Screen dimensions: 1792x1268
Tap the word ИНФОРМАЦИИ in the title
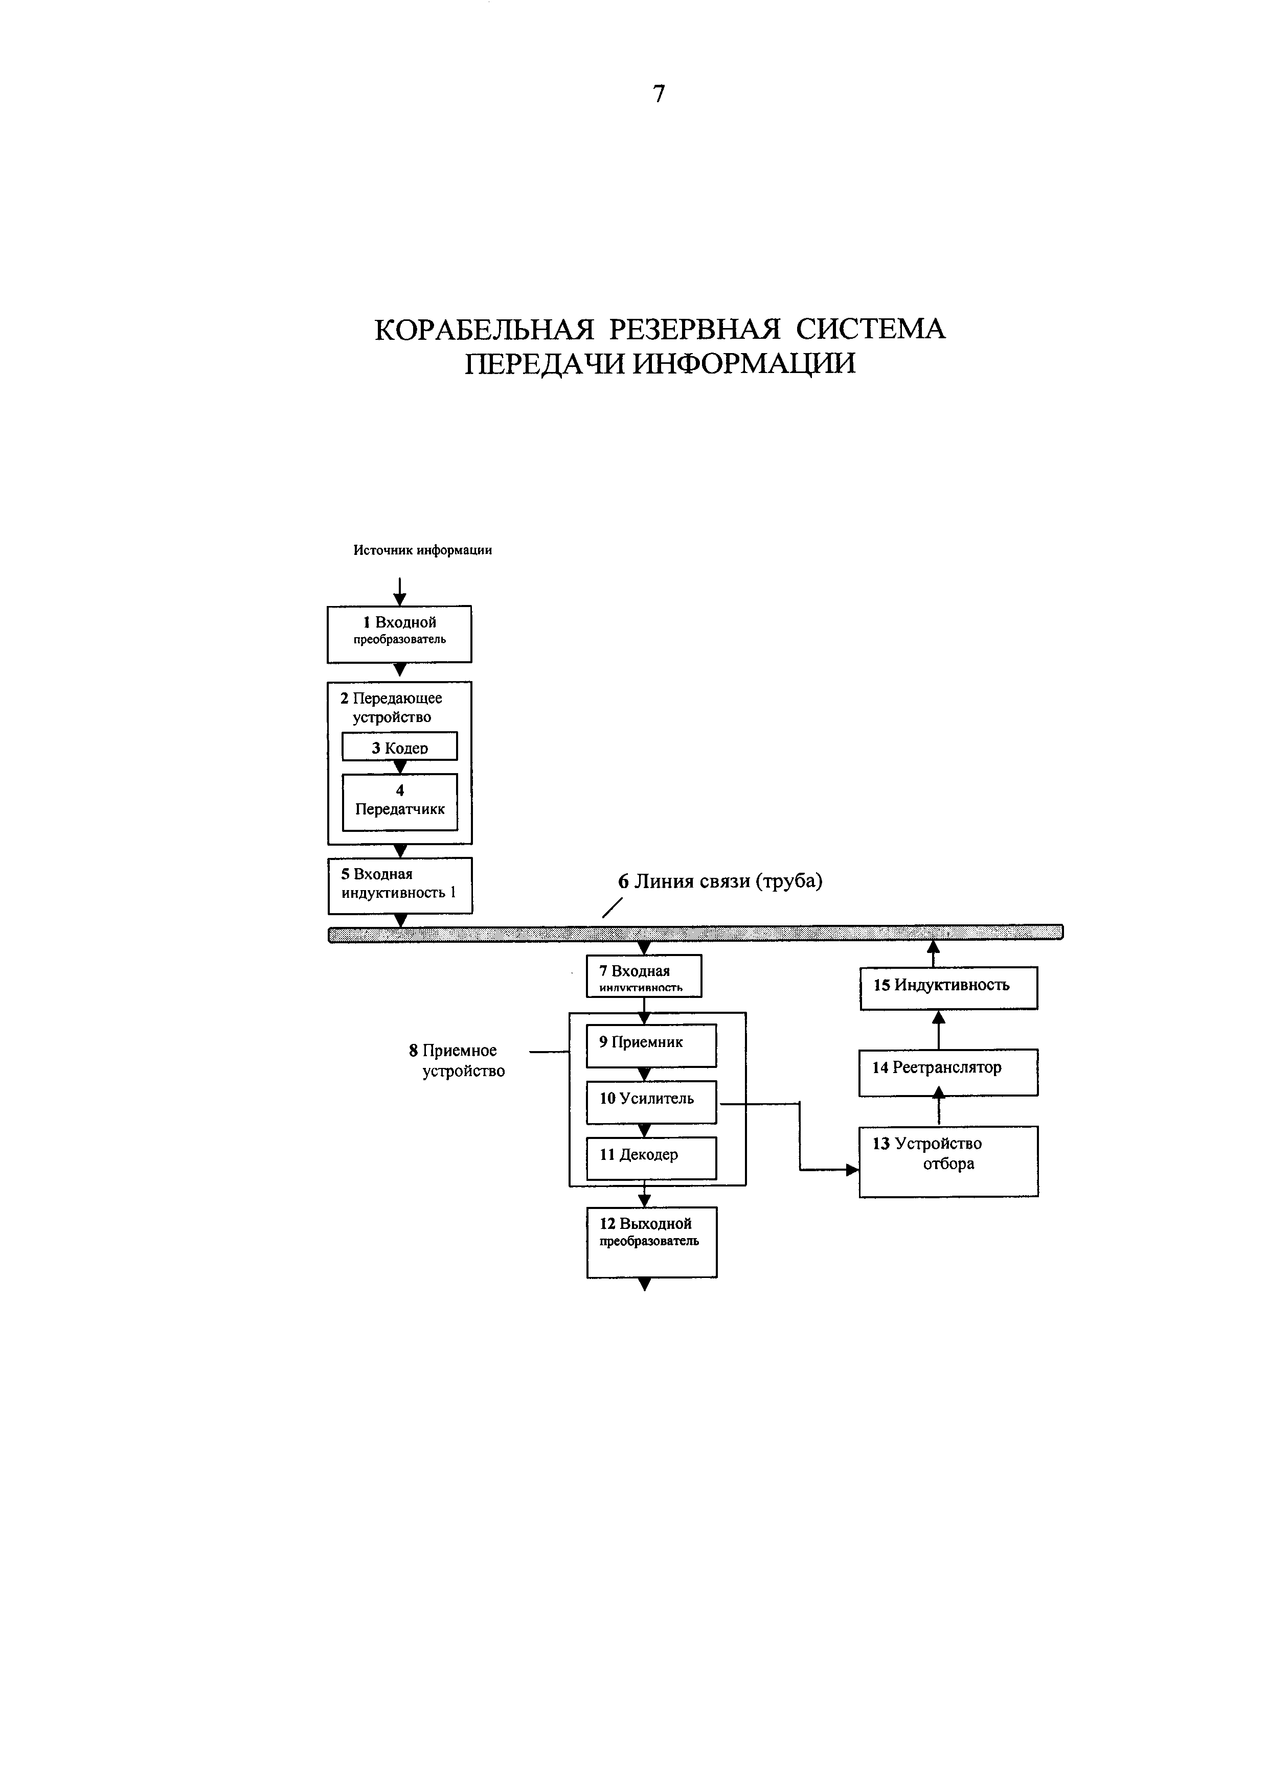pos(743,364)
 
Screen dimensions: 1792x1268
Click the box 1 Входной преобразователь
pos(399,634)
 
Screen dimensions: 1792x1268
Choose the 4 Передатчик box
pos(400,802)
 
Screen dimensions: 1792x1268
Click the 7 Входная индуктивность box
pos(644,975)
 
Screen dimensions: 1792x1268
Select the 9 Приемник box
pos(651,1045)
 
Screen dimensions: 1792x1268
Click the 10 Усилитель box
pos(651,1101)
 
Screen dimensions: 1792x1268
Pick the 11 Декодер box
pos(651,1157)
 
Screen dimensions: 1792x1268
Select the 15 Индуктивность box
pos(948,987)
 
